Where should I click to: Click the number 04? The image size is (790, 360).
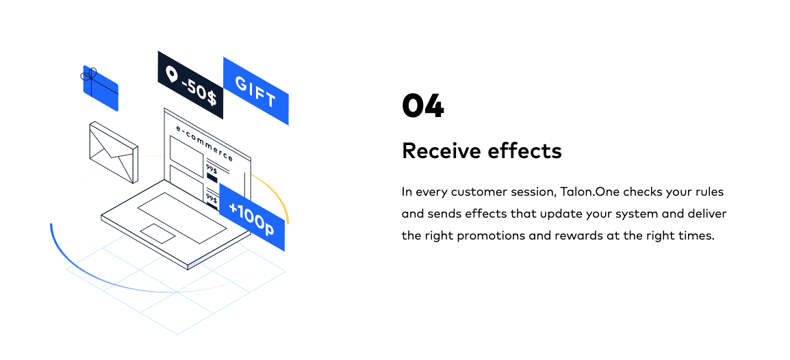[x=422, y=106]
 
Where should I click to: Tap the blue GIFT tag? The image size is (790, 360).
[x=255, y=92]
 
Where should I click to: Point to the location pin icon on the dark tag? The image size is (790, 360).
[x=170, y=75]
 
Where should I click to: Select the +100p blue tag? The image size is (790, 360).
[x=251, y=218]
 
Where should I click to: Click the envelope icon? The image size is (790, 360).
[x=114, y=153]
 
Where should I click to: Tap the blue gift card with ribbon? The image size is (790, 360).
[x=101, y=89]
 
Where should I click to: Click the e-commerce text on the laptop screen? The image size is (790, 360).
[x=204, y=142]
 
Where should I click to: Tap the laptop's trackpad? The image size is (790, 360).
[x=157, y=233]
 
